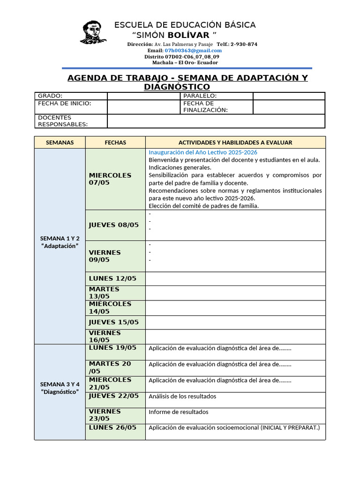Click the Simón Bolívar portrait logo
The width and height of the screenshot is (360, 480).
click(93, 32)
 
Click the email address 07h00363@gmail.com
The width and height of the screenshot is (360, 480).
click(193, 51)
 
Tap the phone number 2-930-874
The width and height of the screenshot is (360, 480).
click(244, 44)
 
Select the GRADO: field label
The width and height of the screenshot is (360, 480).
click(50, 96)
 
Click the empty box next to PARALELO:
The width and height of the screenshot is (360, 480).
click(289, 96)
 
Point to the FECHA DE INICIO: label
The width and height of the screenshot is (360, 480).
click(65, 104)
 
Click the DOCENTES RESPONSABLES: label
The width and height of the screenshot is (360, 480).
click(63, 121)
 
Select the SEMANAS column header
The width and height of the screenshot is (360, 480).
click(60, 142)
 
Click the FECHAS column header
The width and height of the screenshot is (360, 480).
click(115, 142)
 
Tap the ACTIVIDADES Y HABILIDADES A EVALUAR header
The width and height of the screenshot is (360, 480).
click(235, 142)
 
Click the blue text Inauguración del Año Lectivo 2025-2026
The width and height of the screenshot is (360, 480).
click(203, 152)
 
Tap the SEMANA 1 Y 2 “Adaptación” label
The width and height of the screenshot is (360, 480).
click(60, 242)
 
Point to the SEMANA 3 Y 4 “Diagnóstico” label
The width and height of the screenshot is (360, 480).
click(60, 388)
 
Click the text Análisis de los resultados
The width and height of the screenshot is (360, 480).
click(182, 397)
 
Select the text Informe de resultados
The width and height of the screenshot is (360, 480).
click(179, 412)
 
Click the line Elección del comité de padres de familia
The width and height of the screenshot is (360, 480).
click(203, 206)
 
